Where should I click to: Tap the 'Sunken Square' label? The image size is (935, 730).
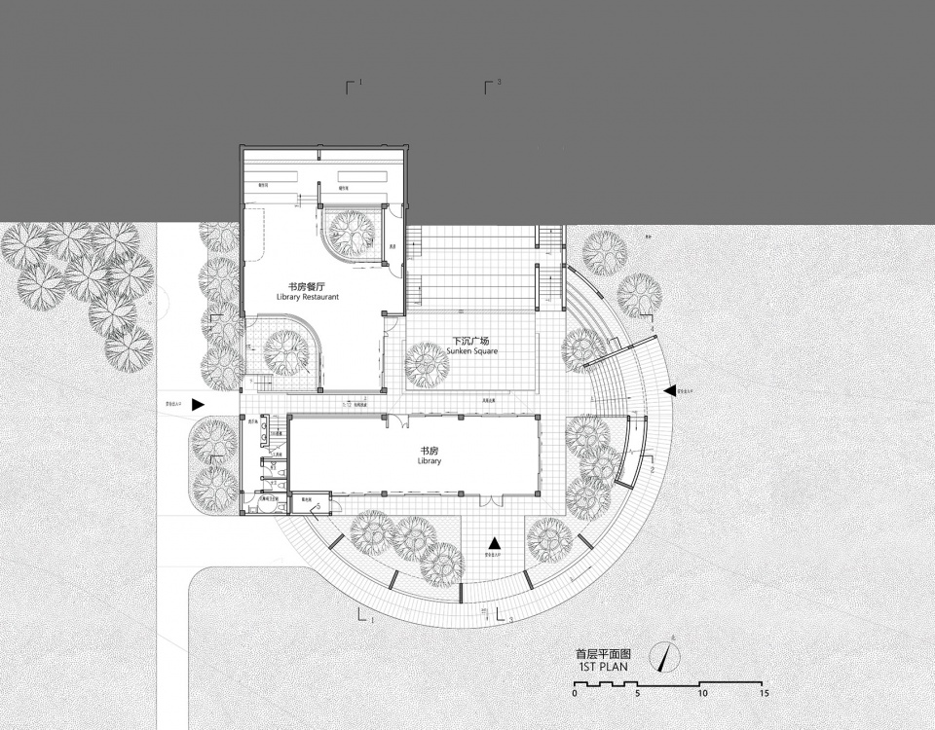point(474,350)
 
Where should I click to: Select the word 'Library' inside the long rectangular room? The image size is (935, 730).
point(430,461)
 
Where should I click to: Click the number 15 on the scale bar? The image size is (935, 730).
point(766,694)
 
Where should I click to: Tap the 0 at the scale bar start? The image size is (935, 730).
point(575,694)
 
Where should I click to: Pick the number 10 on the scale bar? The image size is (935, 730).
point(702,694)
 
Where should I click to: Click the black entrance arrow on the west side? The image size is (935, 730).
point(199,405)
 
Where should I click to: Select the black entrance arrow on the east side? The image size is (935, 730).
point(669,390)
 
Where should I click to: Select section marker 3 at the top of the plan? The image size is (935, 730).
point(490,87)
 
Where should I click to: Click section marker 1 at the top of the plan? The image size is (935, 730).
point(352,87)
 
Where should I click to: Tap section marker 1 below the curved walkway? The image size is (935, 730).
point(363,615)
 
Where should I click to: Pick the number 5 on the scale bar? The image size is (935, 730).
point(638,694)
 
